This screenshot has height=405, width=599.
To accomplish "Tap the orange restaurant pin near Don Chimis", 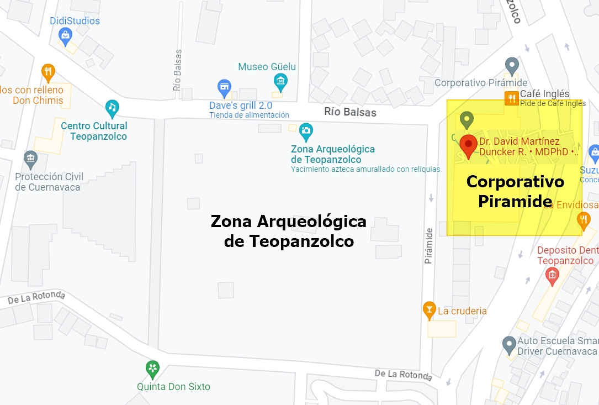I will [49, 71].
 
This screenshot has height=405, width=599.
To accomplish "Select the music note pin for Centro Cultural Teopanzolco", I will [112, 107].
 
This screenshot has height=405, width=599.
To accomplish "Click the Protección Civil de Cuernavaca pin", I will [31, 160].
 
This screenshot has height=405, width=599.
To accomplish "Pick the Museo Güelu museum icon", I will [281, 82].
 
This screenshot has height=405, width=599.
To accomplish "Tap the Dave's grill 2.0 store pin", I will [224, 87].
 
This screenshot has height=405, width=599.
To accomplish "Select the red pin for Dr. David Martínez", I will [469, 145].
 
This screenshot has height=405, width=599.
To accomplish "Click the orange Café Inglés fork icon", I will [512, 98].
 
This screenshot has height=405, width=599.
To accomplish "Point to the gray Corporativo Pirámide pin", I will [512, 66].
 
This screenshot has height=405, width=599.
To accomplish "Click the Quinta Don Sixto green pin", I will [152, 368].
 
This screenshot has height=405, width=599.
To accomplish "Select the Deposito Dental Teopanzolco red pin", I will [552, 275].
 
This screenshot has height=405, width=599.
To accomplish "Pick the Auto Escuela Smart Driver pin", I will [509, 345].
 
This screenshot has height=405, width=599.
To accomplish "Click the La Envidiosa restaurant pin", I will [584, 220].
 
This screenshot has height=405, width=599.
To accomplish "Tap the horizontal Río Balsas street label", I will [350, 112].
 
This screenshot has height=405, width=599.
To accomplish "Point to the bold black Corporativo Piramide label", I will [515, 191].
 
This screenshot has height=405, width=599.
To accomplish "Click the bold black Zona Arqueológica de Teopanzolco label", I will [289, 231].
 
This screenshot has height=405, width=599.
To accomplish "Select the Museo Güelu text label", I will [267, 67].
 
